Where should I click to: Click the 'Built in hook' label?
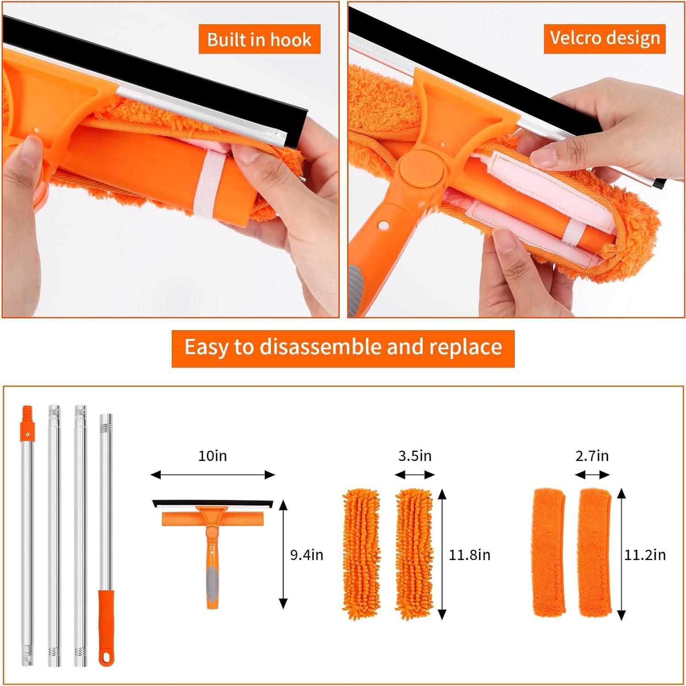tap(259, 39)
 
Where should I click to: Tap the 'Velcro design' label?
tap(604, 38)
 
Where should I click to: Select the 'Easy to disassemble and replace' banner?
tap(343, 347)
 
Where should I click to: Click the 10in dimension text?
tap(212, 456)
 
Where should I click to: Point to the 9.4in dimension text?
tap(307, 555)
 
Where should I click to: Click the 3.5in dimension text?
tap(415, 456)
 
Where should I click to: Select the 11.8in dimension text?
tap(469, 555)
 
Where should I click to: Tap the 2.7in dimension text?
tap(592, 456)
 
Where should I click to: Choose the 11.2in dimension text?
tap(645, 555)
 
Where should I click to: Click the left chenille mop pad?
tap(361, 554)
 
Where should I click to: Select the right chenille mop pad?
tap(414, 554)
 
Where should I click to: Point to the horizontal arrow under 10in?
tap(212, 475)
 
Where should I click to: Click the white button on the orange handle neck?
tap(383, 226)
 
